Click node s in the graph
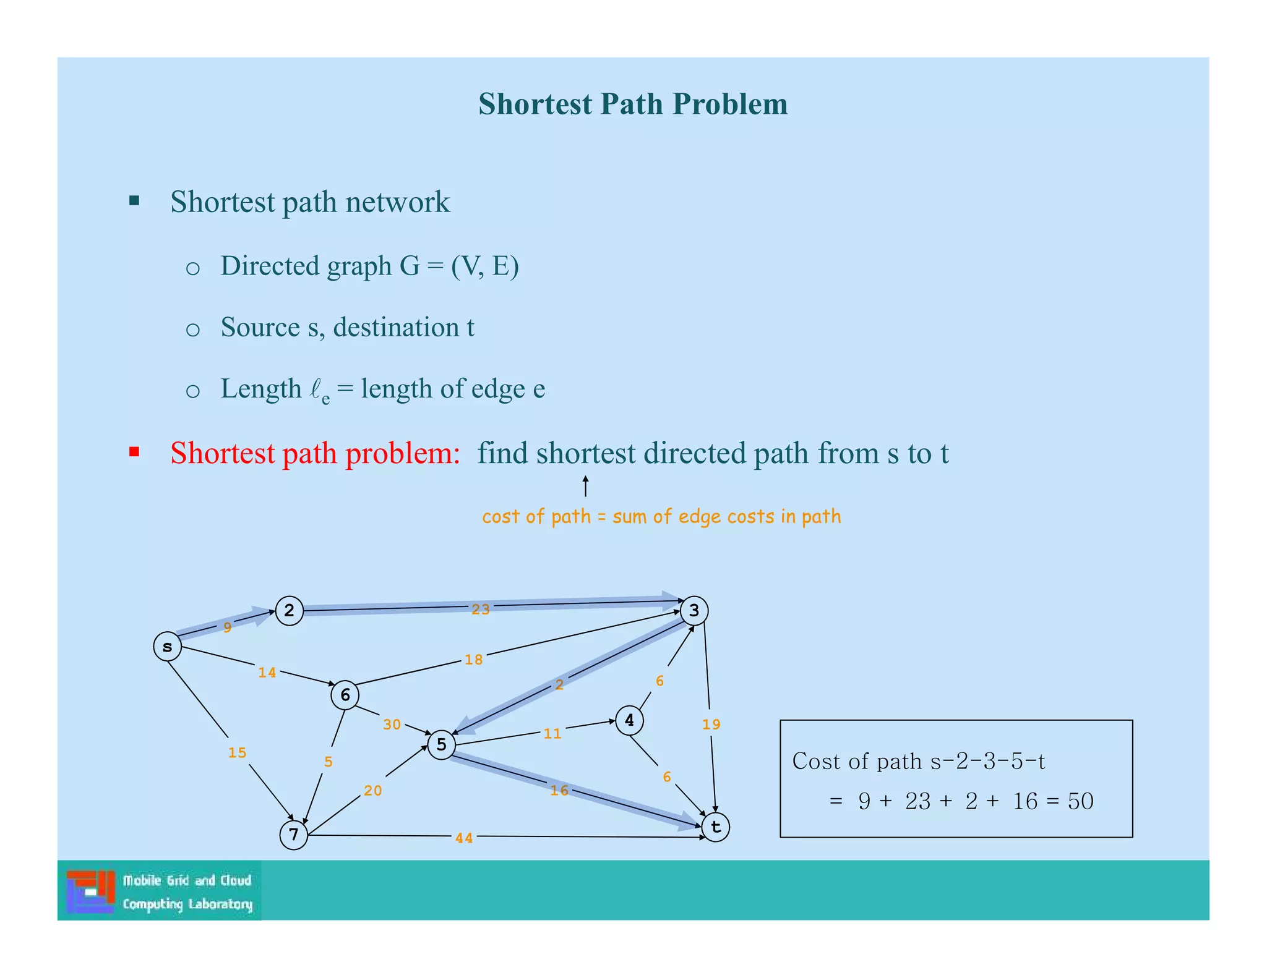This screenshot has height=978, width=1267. tap(167, 647)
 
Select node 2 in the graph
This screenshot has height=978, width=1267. tap(289, 611)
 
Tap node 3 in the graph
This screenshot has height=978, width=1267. tap(694, 611)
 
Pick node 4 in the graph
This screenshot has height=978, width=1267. tap(629, 720)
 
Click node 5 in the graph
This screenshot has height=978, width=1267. tap(441, 744)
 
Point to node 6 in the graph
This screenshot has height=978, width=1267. tap(345, 695)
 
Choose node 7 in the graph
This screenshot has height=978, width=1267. tap(294, 835)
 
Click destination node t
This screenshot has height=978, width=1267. tap(716, 827)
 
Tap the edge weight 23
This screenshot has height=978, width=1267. tap(481, 610)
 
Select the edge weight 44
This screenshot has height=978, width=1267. tap(464, 838)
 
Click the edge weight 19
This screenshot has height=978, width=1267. tap(711, 725)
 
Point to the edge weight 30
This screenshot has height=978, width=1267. tap(392, 725)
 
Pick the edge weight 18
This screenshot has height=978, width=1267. tap(474, 660)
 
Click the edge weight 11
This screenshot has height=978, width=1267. tap(552, 734)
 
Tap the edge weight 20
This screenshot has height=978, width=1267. tap(373, 791)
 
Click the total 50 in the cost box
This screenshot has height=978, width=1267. tap(1081, 801)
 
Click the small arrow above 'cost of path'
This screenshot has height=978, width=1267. tap(585, 487)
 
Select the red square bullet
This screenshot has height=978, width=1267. tap(134, 452)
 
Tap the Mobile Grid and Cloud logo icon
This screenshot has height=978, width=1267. tap(91, 891)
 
